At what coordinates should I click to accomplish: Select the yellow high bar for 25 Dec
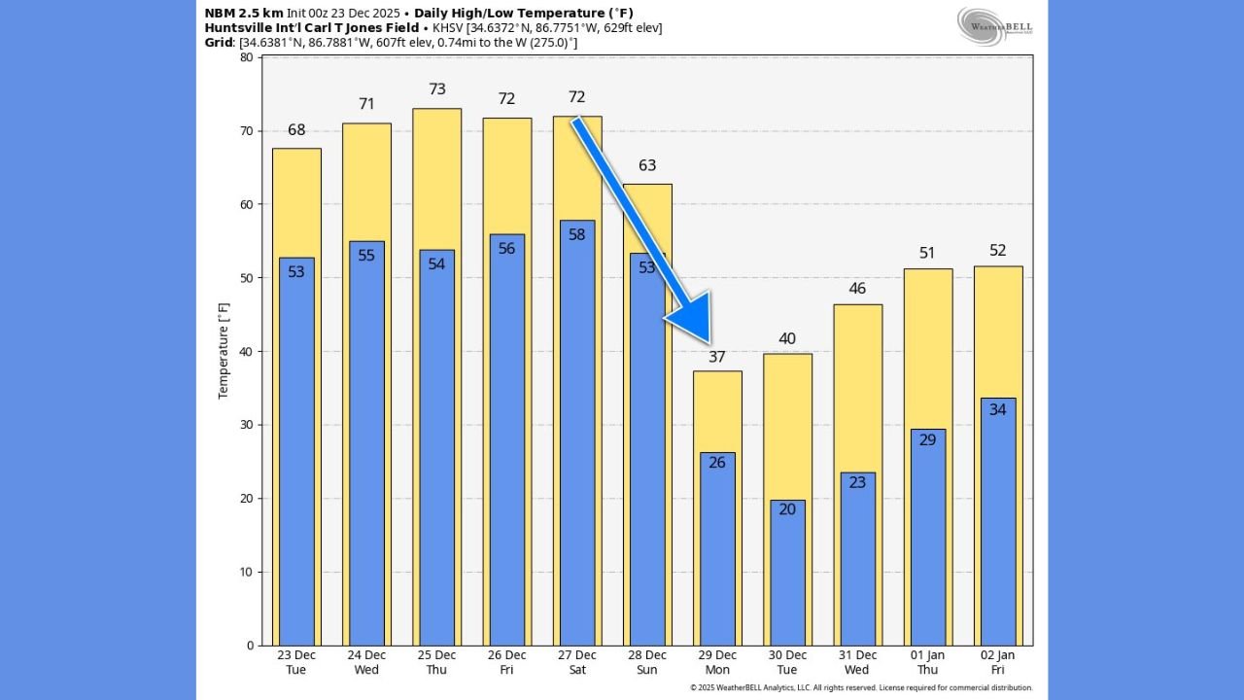437,175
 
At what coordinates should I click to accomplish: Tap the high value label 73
437,89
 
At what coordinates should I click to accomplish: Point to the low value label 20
787,508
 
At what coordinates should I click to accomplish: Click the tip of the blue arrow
667,320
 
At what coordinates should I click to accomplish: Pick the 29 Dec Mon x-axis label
717,662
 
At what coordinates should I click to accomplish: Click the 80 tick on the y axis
245,57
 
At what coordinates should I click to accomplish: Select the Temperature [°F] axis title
224,349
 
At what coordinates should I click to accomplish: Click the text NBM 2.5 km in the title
244,13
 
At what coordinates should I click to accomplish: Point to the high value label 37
717,357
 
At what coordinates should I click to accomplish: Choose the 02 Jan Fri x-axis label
997,662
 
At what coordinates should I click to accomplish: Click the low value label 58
577,234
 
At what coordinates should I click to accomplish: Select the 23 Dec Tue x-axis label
296,662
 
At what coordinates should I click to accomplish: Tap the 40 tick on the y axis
245,351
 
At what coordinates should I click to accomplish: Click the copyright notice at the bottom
861,688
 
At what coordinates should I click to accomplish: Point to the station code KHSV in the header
451,28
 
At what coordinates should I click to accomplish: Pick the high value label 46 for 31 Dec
857,289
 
